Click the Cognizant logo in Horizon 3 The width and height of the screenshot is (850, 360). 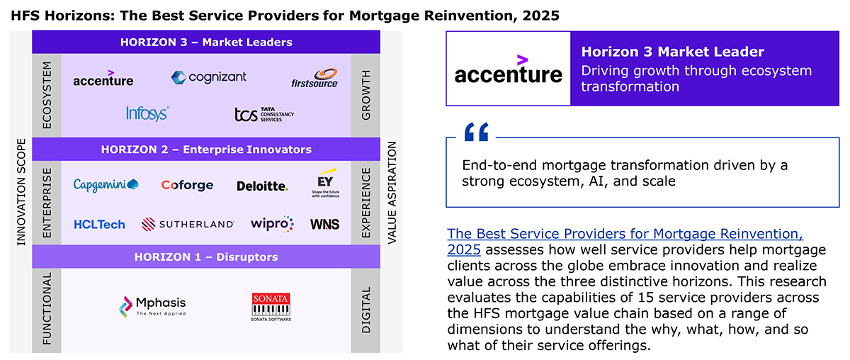209,77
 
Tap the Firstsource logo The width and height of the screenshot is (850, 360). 314,79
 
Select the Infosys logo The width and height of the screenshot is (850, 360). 147,113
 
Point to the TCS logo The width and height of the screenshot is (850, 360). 264,114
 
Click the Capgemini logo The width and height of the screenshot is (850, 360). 106,185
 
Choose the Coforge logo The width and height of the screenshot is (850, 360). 187,186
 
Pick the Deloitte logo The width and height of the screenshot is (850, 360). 262,186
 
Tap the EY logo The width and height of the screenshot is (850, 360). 326,183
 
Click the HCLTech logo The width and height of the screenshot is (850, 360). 99,225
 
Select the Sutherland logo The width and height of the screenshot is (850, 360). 188,224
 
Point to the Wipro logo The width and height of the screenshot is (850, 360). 272,224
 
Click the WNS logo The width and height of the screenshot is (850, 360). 325,225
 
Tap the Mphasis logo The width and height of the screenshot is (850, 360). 152,306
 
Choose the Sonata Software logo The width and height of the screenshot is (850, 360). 271,307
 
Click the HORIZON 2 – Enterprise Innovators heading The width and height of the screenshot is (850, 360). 206,150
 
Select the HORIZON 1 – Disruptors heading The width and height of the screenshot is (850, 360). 206,257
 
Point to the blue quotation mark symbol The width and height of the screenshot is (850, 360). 477,132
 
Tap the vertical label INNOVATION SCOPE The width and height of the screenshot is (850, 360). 21,192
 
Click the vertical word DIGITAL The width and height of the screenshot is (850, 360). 365,310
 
